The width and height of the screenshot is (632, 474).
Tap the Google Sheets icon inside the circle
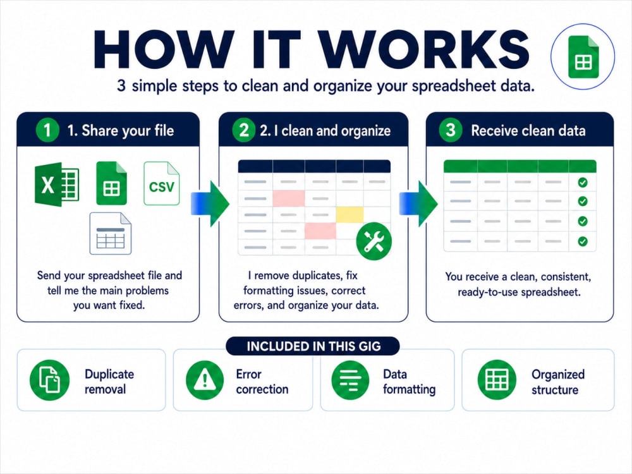[583, 57]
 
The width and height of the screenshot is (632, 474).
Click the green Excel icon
[57, 184]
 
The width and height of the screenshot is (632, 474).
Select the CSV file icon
[162, 183]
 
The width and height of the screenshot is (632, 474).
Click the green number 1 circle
[47, 130]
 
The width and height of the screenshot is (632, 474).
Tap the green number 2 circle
[243, 130]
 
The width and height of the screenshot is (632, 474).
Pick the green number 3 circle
[451, 130]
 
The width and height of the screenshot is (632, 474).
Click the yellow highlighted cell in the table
[349, 214]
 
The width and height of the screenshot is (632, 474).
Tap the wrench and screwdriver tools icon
[374, 241]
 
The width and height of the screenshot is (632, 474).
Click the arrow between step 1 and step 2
[210, 204]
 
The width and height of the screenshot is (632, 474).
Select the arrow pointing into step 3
[418, 204]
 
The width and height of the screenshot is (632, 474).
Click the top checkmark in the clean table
[583, 183]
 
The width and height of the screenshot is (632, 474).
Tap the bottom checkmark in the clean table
[583, 241]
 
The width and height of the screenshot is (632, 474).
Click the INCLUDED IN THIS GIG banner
[313, 346]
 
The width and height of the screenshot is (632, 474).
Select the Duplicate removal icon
[49, 380]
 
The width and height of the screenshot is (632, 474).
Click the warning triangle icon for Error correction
[205, 380]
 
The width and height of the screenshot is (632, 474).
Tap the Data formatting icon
[350, 380]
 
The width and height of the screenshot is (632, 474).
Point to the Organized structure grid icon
[497, 380]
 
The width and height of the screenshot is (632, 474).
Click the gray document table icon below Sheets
[111, 233]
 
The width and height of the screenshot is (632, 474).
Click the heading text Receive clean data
[528, 131]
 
